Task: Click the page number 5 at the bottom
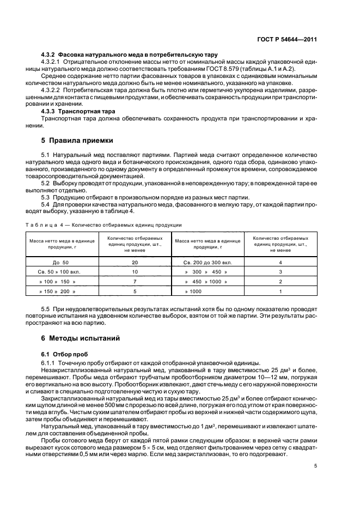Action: [x=315, y=466]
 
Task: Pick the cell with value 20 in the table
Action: [x=135, y=262]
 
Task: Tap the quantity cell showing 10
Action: [x=135, y=271]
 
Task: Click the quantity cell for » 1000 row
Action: [x=280, y=291]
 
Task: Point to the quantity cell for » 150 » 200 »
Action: [x=135, y=291]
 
